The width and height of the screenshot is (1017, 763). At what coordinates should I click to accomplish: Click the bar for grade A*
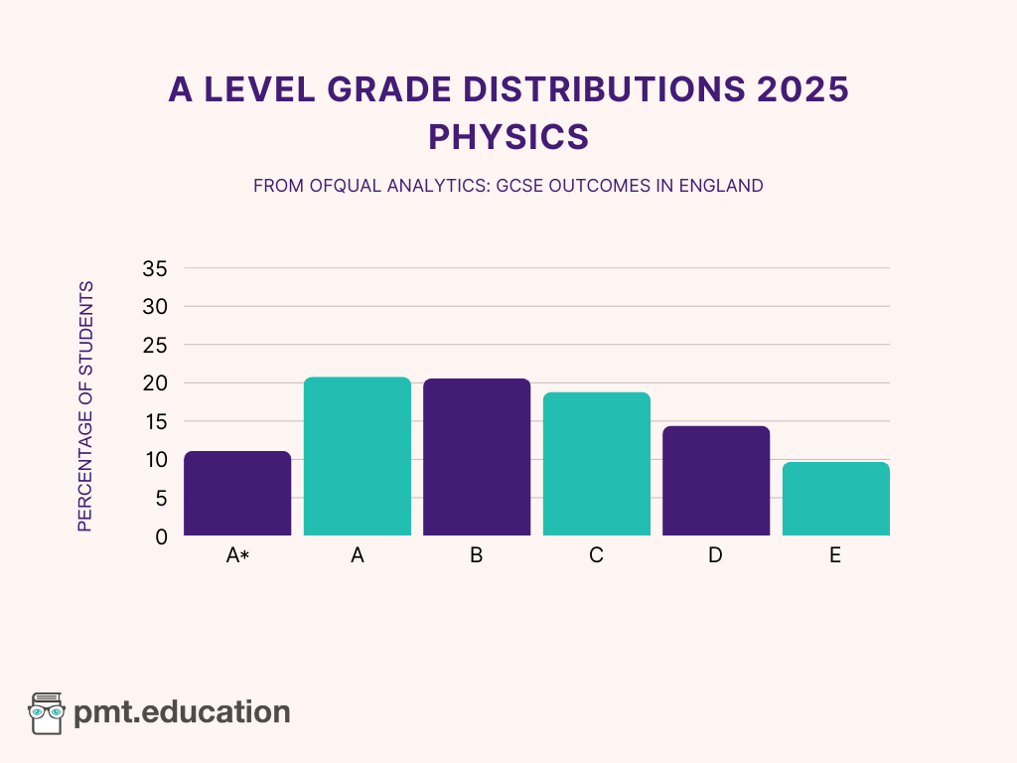point(237,494)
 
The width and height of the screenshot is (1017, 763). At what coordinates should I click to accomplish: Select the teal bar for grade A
point(358,457)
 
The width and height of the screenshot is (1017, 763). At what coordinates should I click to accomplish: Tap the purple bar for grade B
point(477,458)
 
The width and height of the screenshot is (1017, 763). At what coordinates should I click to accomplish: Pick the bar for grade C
point(596,464)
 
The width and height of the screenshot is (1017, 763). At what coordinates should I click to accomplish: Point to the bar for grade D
point(716,481)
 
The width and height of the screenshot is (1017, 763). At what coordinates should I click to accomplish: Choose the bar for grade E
point(835,499)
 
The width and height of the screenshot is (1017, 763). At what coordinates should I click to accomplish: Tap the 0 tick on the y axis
point(161,536)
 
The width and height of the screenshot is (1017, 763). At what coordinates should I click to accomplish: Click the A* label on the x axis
point(237,556)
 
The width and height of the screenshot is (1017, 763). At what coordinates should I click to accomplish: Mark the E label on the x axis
point(835,556)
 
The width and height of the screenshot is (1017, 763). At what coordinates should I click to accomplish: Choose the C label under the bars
point(596,556)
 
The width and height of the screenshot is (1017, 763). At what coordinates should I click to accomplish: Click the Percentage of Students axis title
point(85,406)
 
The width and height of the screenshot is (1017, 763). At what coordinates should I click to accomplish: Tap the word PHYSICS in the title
point(508,136)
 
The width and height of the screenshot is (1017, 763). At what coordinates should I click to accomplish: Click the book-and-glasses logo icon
point(46,712)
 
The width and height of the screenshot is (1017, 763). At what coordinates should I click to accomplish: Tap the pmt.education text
point(183,712)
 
